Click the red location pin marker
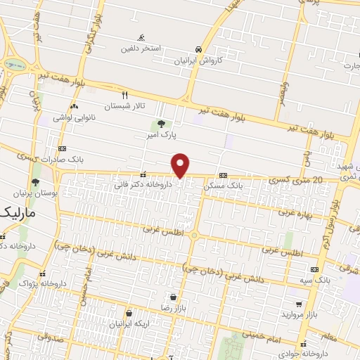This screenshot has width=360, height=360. click(181, 166)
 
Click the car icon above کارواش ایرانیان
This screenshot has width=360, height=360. click(200, 50)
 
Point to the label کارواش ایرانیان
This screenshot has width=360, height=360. click(200, 60)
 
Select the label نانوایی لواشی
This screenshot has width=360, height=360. click(69, 117)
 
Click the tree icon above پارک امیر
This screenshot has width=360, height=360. click(162, 124)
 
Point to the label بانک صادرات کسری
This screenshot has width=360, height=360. click(62, 160)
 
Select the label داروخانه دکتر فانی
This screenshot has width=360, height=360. click(143, 185)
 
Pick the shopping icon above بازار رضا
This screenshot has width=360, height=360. click(172, 297)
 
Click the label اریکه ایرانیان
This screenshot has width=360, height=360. click(128, 324)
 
